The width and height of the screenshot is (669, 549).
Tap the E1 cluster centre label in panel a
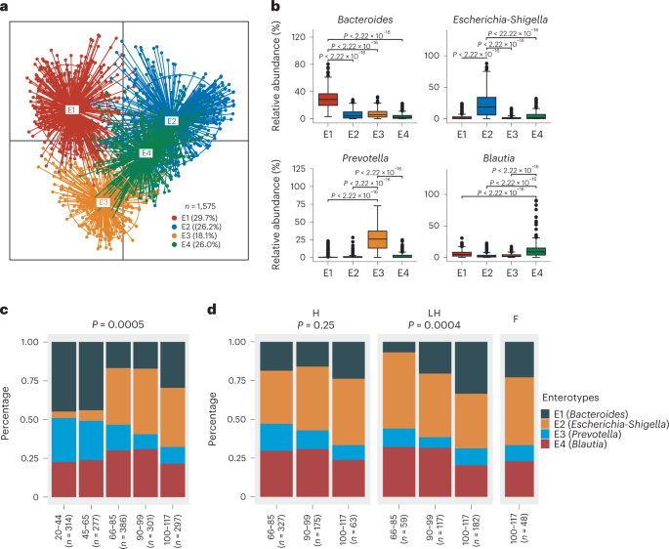tap(71, 110)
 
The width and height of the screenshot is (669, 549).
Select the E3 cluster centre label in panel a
tap(103, 202)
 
